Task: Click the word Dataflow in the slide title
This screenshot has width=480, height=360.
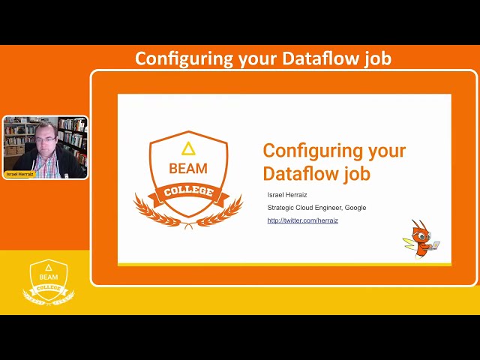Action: [299, 173]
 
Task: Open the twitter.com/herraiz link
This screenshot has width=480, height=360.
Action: [302, 220]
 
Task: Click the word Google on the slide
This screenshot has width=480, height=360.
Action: [355, 208]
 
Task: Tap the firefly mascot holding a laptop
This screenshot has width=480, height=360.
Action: [423, 238]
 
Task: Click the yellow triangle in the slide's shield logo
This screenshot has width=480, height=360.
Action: [188, 148]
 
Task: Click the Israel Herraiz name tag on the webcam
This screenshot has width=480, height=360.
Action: [20, 174]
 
